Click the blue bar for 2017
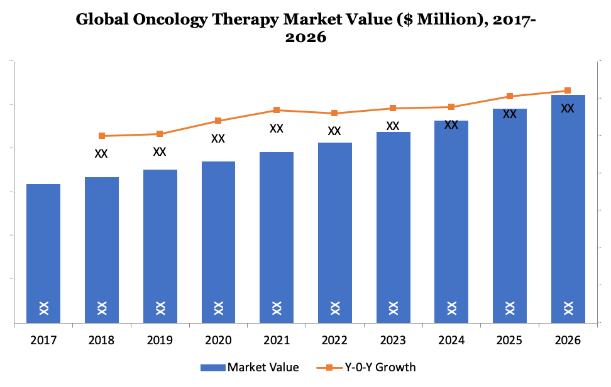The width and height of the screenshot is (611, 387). click(43, 251)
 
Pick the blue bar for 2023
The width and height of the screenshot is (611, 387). click(393, 226)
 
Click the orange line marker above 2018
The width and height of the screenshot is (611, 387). click(102, 136)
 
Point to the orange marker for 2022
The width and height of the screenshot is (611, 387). click(334, 113)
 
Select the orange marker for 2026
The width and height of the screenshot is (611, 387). click(568, 90)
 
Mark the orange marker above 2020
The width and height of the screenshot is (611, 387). click(218, 121)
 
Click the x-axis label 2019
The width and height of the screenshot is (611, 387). click(160, 341)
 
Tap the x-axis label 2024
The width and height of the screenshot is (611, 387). click(451, 341)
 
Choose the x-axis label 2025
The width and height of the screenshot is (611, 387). click(509, 341)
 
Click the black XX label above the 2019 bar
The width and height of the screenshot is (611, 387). click(160, 151)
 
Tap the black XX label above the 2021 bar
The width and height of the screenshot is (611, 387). click(277, 128)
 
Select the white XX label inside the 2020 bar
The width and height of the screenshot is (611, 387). click(218, 308)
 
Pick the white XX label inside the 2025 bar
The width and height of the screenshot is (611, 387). click(509, 308)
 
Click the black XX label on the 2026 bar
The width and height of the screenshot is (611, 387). click(568, 108)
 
